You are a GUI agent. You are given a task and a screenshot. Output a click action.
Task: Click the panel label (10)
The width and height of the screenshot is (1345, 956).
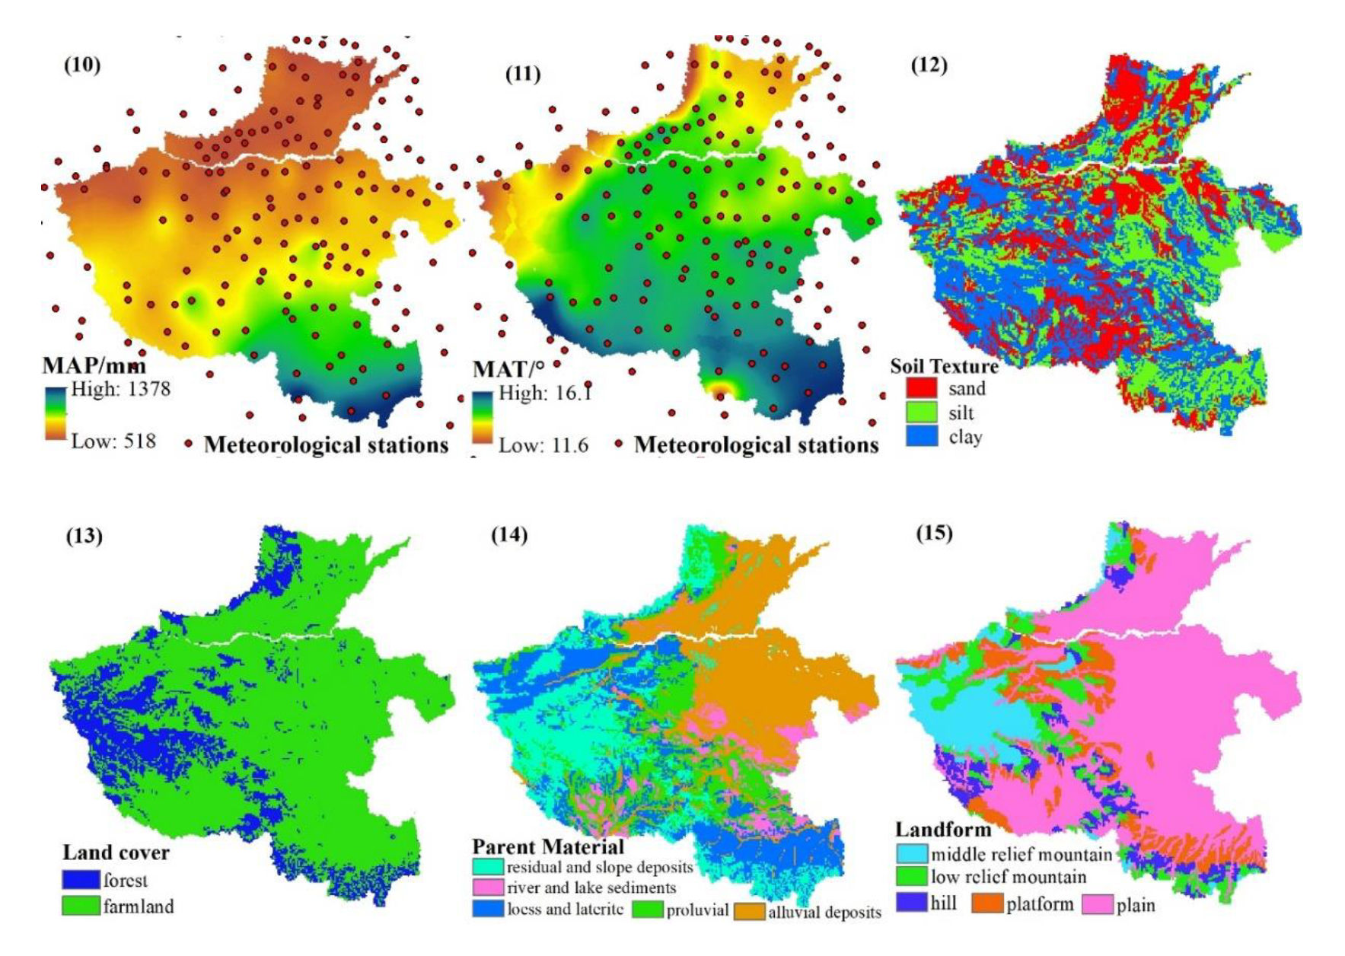82,65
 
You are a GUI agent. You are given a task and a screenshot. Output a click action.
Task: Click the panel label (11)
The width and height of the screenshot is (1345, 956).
523,74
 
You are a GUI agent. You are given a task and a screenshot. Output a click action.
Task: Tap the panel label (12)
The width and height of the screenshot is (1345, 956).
929,65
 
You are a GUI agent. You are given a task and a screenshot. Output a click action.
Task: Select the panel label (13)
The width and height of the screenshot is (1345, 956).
84,536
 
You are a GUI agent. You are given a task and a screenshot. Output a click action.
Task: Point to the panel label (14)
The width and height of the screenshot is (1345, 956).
509,534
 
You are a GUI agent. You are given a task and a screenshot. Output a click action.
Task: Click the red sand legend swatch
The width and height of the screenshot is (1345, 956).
921,388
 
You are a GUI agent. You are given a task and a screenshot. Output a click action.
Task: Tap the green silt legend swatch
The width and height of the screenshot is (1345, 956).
921,413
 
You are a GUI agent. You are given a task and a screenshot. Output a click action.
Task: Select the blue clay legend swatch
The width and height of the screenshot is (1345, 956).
921,437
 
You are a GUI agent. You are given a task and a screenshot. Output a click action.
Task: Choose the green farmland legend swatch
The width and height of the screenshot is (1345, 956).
81,906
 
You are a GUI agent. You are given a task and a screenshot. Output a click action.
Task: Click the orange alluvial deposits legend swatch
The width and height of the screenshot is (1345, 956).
749,912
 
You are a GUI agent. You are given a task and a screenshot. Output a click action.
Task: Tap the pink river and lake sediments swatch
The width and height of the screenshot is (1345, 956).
488,887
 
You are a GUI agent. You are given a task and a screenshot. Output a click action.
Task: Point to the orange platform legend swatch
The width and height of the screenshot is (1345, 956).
987,904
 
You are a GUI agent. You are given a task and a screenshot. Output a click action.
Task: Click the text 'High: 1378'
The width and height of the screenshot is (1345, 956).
121,389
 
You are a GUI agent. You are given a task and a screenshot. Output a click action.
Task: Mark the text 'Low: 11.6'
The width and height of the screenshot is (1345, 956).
543,445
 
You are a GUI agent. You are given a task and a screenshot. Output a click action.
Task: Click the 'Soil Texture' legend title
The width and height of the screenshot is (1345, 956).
944,366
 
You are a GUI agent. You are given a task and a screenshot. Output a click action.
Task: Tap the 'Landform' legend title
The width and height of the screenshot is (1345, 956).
943,830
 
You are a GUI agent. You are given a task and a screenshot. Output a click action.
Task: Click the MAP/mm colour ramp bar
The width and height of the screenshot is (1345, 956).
55,413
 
